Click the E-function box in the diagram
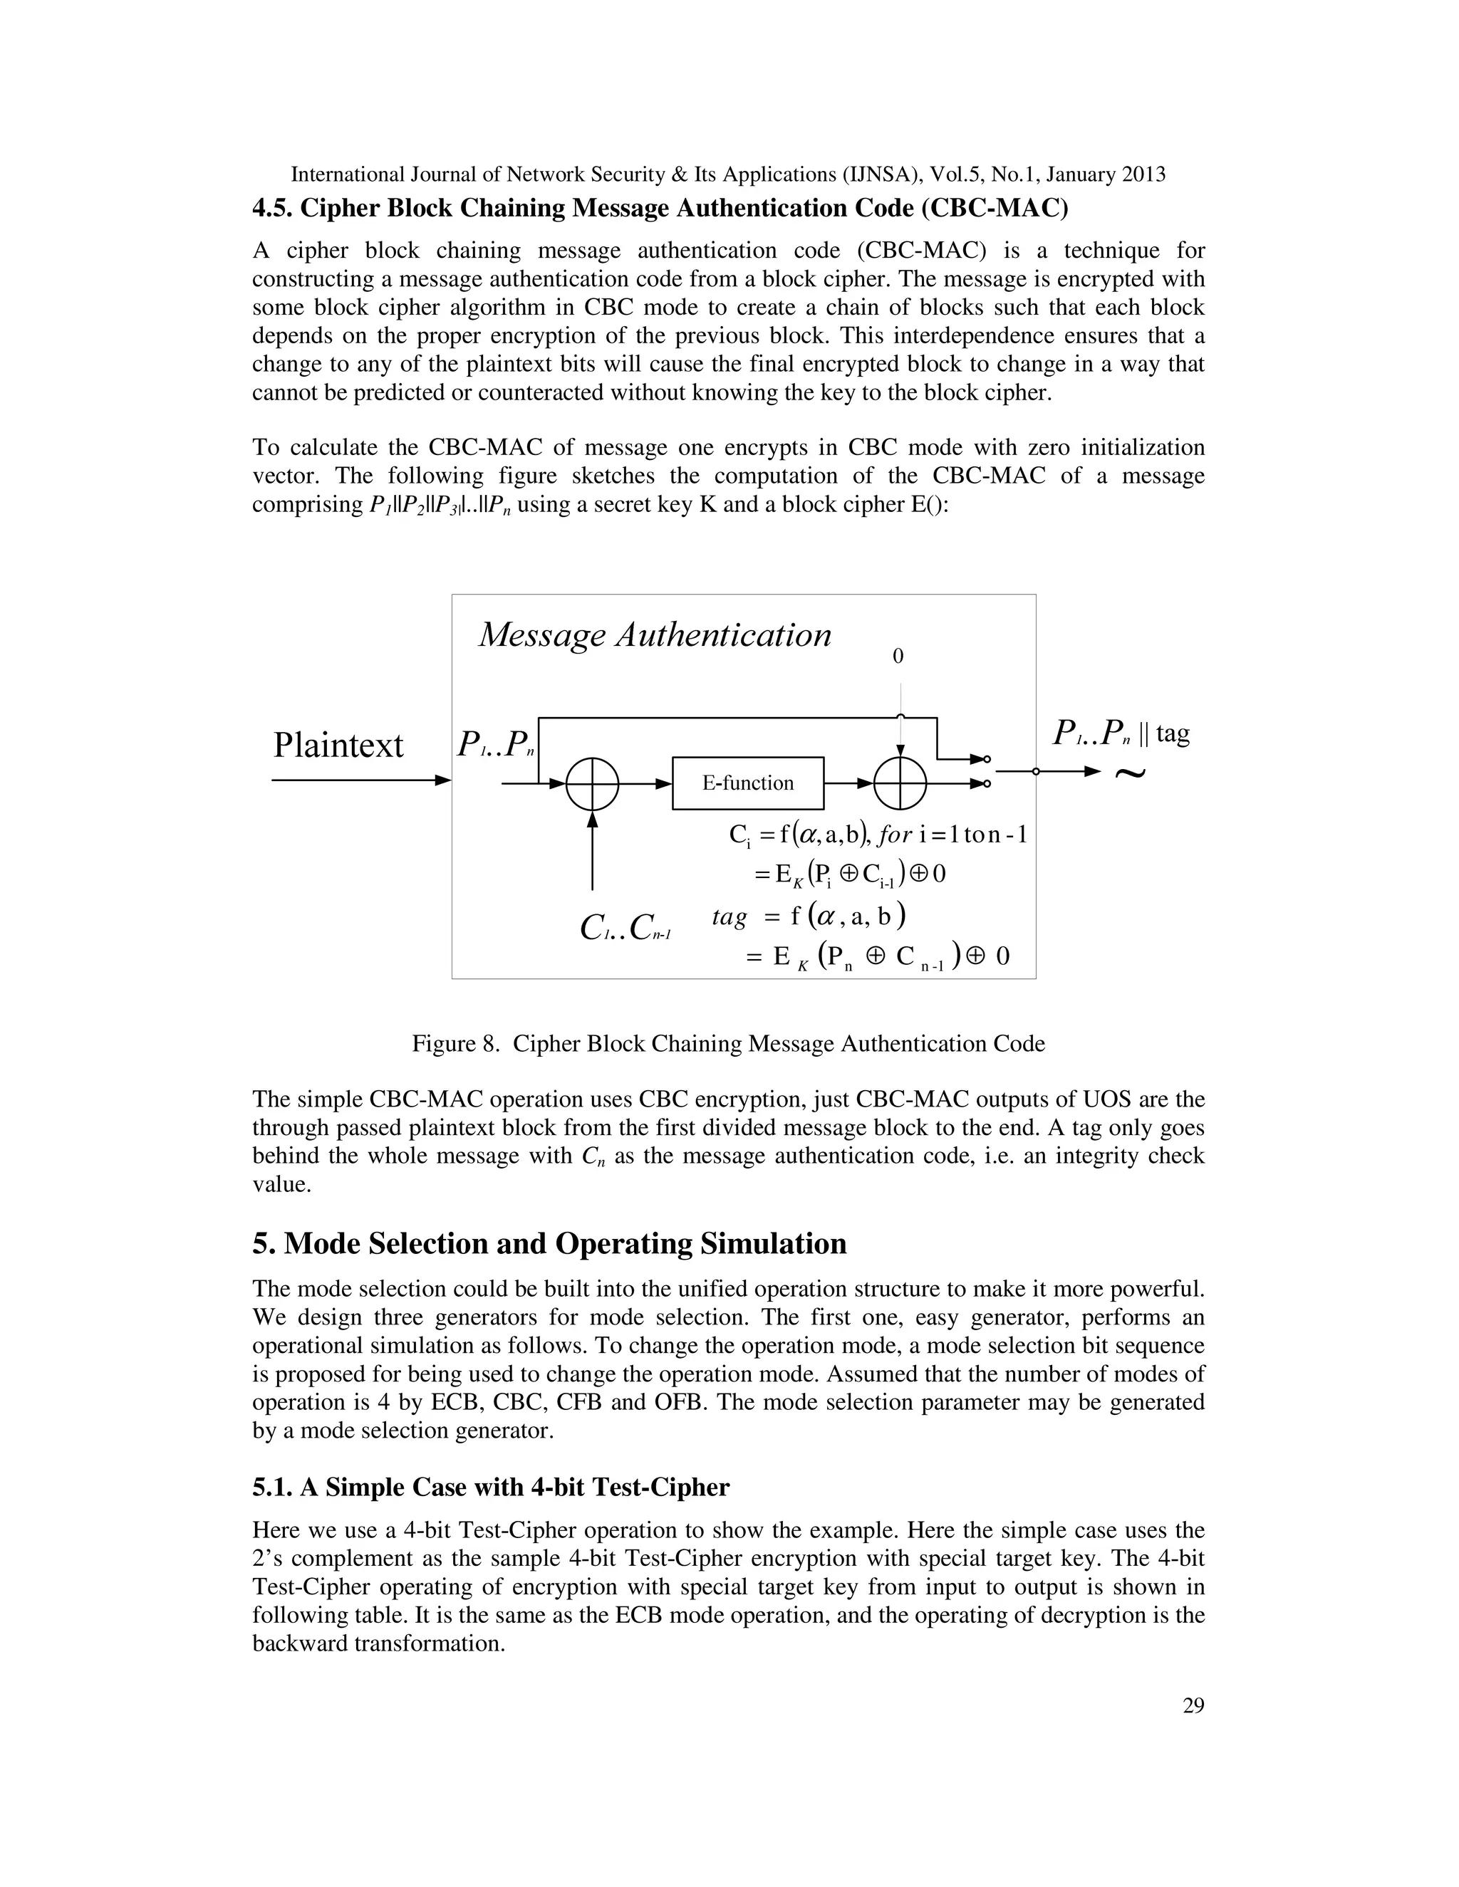(x=747, y=783)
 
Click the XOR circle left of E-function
(x=592, y=784)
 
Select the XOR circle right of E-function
(x=900, y=784)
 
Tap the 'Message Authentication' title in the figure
(x=654, y=635)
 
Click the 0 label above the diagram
(x=898, y=657)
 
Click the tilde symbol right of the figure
(x=1129, y=773)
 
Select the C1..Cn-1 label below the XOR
(x=625, y=928)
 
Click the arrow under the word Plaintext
(x=361, y=780)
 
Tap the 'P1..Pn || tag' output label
(x=1121, y=733)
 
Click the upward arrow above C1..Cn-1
(x=592, y=851)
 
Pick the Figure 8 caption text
(x=728, y=1044)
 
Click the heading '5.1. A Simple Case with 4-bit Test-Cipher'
(x=490, y=1487)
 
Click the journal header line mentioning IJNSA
(x=728, y=174)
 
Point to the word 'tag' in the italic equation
(x=729, y=916)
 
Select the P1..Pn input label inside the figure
(x=495, y=743)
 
